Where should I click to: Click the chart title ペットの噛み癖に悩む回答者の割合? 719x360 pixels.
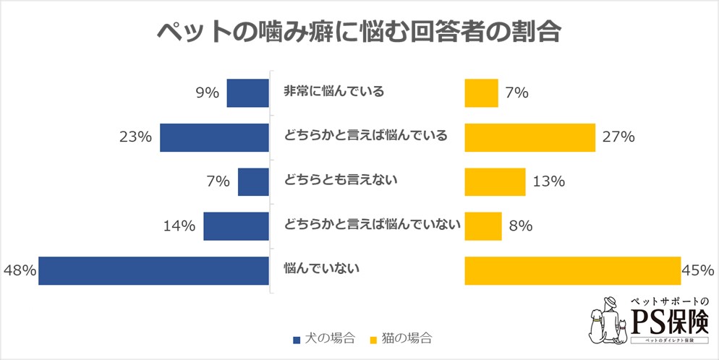point(359,33)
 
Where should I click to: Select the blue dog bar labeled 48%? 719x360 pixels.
point(153,270)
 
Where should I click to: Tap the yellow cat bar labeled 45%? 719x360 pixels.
point(572,270)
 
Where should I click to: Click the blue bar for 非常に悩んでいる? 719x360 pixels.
point(247,93)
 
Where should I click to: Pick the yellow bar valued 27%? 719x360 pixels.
point(529,137)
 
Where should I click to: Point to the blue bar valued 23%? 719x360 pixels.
point(214,137)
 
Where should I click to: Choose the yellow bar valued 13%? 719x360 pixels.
point(495,181)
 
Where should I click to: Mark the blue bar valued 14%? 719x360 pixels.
point(236,226)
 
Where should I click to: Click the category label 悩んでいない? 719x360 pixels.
point(321,270)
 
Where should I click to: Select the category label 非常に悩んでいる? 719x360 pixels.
point(333,92)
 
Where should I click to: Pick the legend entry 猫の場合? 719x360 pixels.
point(401,338)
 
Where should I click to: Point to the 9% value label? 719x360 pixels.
point(207,93)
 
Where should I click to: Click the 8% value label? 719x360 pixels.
point(521,226)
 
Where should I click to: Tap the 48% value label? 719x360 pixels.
point(20,270)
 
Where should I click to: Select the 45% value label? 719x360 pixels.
point(697,270)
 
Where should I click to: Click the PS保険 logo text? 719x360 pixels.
point(669,320)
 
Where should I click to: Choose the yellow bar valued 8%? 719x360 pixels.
point(482,226)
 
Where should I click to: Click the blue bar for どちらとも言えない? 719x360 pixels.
point(253,181)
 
